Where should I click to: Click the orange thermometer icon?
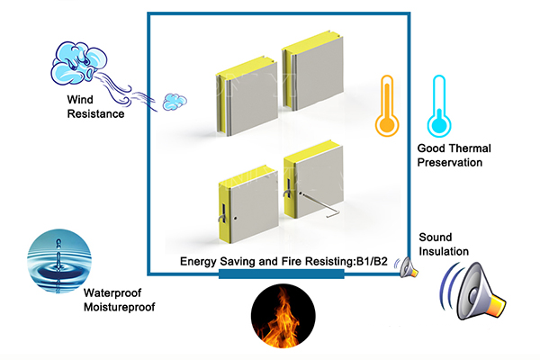click(387, 106)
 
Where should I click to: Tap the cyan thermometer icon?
click(439, 106)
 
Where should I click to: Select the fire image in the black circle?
click(283, 316)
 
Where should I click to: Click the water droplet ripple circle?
click(58, 261)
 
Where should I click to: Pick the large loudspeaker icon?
click(473, 291)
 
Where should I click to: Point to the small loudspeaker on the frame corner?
click(407, 267)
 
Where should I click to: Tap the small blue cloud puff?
click(175, 102)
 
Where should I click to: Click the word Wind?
click(80, 100)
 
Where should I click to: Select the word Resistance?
click(95, 113)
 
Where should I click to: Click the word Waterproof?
click(112, 293)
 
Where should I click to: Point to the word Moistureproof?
click(119, 307)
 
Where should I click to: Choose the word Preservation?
click(450, 162)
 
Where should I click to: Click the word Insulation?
click(444, 251)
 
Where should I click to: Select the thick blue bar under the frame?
click(282, 274)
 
